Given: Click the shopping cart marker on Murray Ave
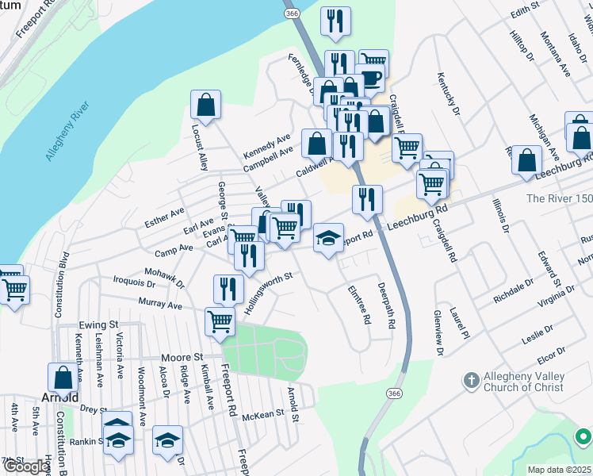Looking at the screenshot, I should point(220,321).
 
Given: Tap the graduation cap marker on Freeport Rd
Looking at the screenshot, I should point(327,237).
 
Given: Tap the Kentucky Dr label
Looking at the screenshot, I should point(446,93).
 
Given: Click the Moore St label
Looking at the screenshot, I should point(183,357).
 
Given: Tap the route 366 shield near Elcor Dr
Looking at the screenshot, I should point(393,393).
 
